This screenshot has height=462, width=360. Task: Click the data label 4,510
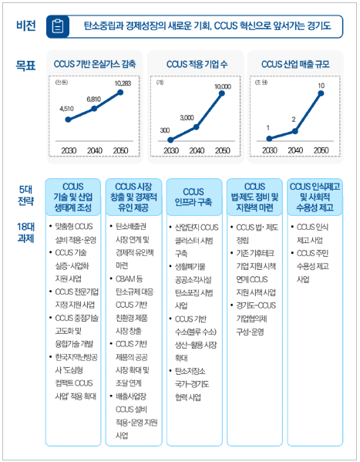[68, 110]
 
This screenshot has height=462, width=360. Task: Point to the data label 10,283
[122, 83]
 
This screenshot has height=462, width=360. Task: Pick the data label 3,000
[187, 117]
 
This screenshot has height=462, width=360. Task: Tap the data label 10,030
[222, 86]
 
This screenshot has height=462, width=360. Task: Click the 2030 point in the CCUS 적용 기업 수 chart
[169, 140]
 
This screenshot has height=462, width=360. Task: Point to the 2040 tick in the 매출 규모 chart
[294, 150]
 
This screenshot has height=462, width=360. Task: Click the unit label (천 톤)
[61, 80]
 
